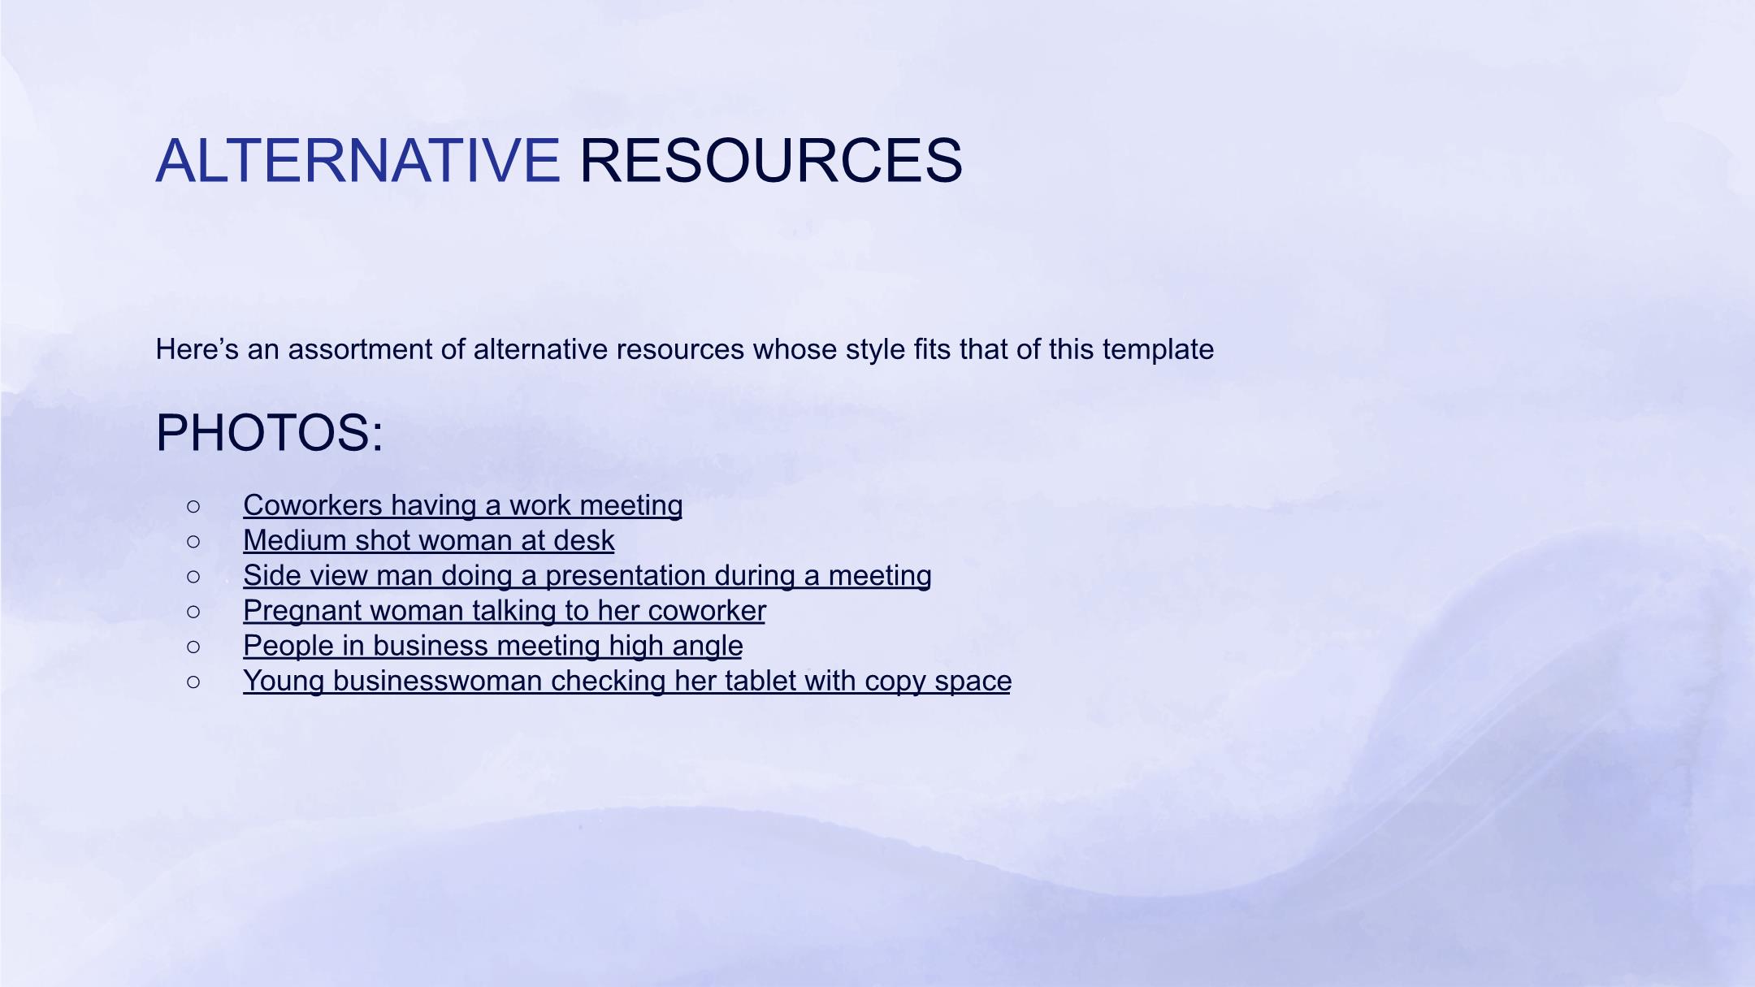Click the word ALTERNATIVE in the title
pyautogui.click(x=357, y=160)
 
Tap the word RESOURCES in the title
pyautogui.click(x=771, y=160)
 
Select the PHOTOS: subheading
pyautogui.click(x=269, y=432)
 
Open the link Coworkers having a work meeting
pyautogui.click(x=462, y=505)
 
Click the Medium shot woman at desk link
pyautogui.click(x=429, y=540)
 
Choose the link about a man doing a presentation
pyautogui.click(x=587, y=575)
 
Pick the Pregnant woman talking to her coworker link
pyautogui.click(x=505, y=610)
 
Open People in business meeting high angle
pyautogui.click(x=493, y=646)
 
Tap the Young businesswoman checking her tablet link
pyautogui.click(x=627, y=681)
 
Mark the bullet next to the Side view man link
pyautogui.click(x=193, y=577)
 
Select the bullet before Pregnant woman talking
pyautogui.click(x=193, y=612)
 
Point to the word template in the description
pyautogui.click(x=1158, y=350)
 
